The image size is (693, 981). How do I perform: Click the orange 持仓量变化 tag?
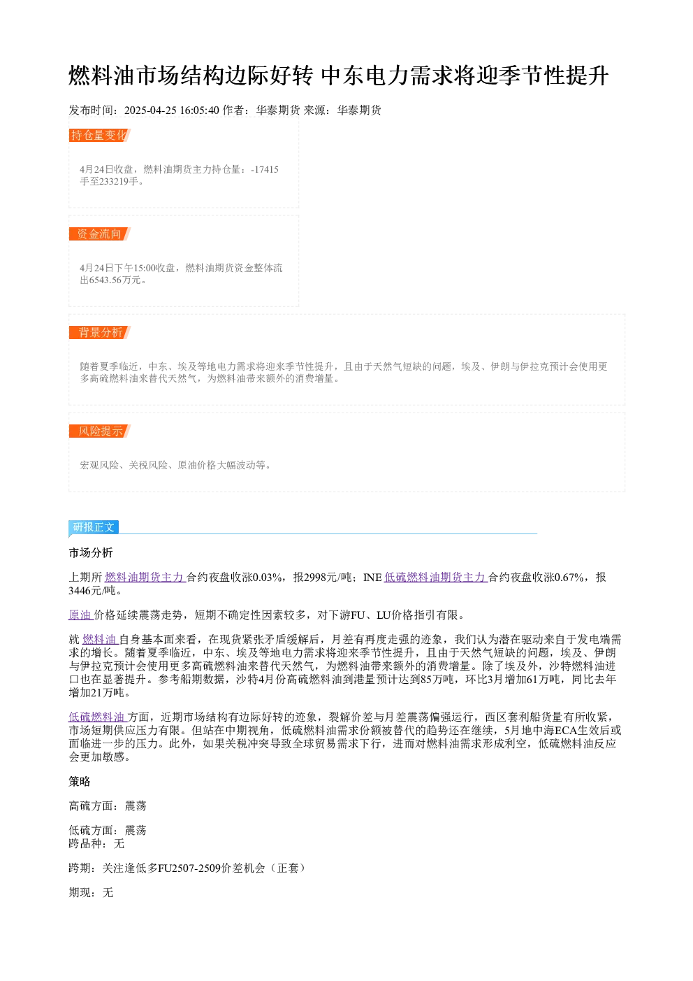click(x=100, y=135)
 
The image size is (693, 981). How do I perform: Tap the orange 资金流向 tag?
click(x=100, y=234)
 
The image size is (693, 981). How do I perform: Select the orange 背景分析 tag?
click(x=100, y=332)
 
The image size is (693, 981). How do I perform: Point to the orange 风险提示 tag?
click(x=100, y=431)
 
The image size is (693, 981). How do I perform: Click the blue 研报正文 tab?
click(x=94, y=527)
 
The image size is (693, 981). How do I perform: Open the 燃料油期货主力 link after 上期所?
click(x=145, y=578)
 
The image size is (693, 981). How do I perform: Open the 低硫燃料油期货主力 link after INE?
click(x=436, y=578)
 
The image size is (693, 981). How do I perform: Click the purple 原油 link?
click(x=81, y=615)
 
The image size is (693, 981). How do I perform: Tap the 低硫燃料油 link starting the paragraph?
click(x=98, y=717)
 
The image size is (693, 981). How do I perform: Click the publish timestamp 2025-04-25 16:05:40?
click(x=171, y=110)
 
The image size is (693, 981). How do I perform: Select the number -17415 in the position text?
click(x=265, y=169)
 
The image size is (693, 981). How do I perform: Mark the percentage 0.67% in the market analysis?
click(x=569, y=578)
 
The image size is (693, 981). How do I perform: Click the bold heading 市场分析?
click(x=91, y=552)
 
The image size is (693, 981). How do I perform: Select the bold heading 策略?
click(x=80, y=781)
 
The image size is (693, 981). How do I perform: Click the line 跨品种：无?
click(x=96, y=843)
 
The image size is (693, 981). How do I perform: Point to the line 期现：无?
click(x=91, y=892)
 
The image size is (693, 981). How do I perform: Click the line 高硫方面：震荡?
click(x=108, y=805)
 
